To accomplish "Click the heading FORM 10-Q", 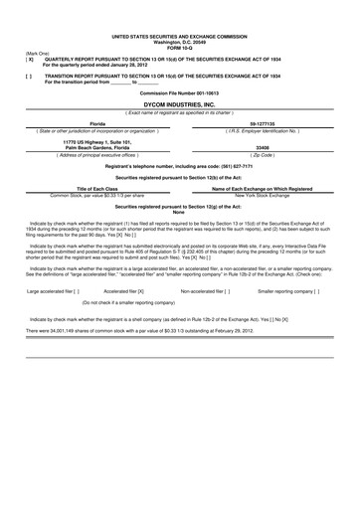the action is (180, 45).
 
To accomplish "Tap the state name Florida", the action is (96, 123).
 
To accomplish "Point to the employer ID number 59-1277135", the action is (263, 123).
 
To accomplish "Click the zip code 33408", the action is (263, 149).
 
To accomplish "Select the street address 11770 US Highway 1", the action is (96, 142).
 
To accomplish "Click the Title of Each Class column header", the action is (96, 188).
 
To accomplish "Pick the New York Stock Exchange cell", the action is (263, 195).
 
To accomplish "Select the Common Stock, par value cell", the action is (96, 195).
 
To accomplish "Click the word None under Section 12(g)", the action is (179, 212).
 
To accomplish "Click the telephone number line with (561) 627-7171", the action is (179, 165).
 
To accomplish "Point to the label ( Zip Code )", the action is (263, 156).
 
